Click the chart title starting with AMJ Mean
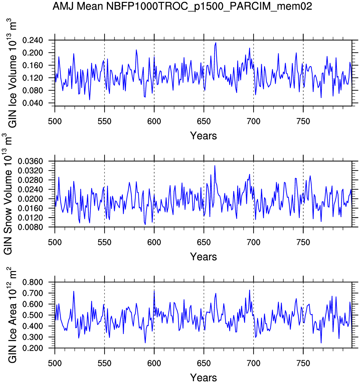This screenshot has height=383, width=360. (x=182, y=6)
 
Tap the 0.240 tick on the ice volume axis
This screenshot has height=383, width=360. (x=33, y=40)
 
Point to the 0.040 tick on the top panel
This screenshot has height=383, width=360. (x=33, y=103)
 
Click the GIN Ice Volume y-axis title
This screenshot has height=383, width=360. (x=12, y=73)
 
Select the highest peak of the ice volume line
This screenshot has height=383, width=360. (x=216, y=43)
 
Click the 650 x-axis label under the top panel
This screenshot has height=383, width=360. (x=204, y=121)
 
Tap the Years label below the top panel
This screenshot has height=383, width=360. (x=203, y=136)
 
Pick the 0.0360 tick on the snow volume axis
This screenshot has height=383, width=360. (x=30, y=161)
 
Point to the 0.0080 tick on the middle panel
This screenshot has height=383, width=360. (x=30, y=227)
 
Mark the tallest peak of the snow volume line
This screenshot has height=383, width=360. (x=215, y=166)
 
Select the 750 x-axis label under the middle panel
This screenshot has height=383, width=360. (x=303, y=243)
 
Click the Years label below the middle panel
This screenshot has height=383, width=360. (x=203, y=256)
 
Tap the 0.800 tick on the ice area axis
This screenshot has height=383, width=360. (x=33, y=282)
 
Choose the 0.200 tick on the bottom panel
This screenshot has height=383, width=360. (x=33, y=348)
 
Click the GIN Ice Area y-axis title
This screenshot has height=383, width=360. (x=12, y=316)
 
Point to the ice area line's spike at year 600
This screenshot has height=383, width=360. (x=154, y=291)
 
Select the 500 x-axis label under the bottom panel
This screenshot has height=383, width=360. (x=55, y=363)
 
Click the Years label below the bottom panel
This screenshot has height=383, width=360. (x=203, y=377)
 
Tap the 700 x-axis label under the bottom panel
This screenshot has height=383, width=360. (x=253, y=363)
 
